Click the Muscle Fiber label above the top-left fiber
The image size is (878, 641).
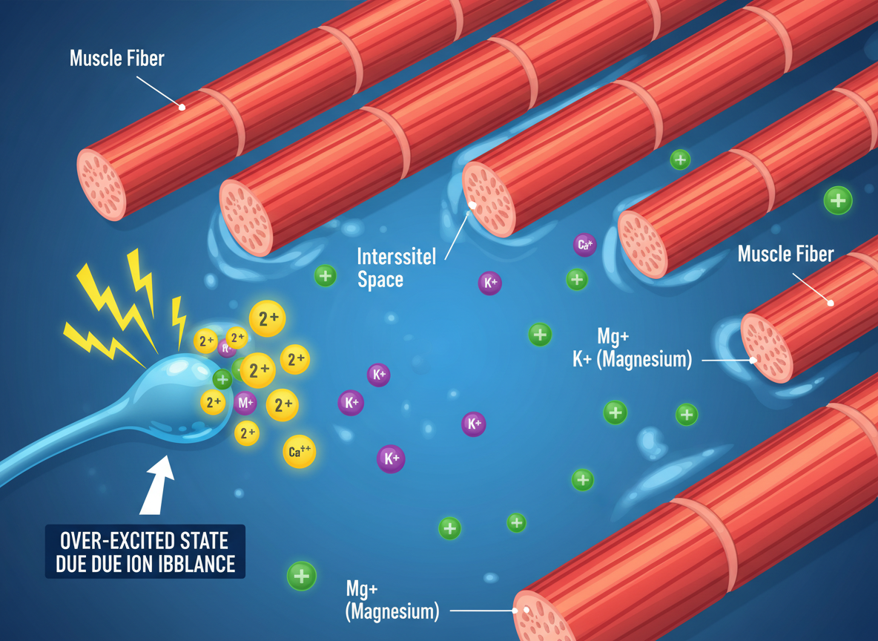pyautogui.click(x=116, y=59)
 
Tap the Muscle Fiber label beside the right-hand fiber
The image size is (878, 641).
pyautogui.click(x=785, y=254)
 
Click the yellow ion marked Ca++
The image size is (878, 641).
pyautogui.click(x=299, y=451)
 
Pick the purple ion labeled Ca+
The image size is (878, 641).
pyautogui.click(x=584, y=244)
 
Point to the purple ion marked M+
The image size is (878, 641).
pyautogui.click(x=245, y=404)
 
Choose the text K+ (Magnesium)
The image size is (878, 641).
pyautogui.click(x=632, y=360)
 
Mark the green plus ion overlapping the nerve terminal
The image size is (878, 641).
pyautogui.click(x=222, y=379)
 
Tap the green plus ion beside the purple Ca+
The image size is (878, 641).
pyautogui.click(x=576, y=280)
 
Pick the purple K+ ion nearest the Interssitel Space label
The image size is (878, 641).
pyautogui.click(x=489, y=283)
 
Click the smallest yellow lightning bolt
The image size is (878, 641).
pyautogui.click(x=179, y=320)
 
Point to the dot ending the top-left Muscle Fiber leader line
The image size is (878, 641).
pyautogui.click(x=182, y=107)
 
